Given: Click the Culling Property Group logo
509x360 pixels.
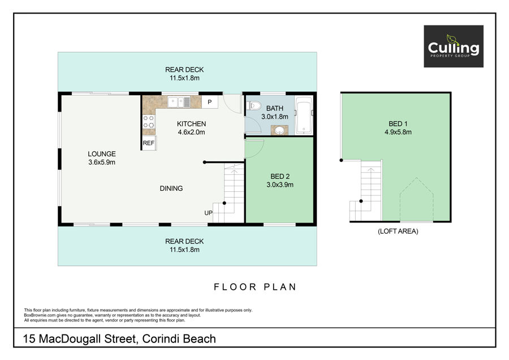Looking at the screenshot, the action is [x=454, y=46].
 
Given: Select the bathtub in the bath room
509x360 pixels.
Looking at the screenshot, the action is [x=304, y=115].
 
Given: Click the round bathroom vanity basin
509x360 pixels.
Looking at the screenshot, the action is [x=279, y=131].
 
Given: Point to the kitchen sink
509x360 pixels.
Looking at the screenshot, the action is [x=179, y=102].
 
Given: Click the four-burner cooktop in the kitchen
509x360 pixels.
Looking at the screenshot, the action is [x=149, y=122].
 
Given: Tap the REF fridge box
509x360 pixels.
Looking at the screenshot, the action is [x=149, y=143].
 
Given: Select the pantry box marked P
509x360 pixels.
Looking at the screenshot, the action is [x=209, y=102].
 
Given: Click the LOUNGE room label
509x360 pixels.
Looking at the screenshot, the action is [x=102, y=154].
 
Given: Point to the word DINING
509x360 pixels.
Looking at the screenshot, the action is [x=171, y=188].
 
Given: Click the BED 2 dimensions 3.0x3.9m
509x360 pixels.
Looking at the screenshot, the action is [x=280, y=185].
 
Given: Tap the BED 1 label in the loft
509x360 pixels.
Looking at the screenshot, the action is [x=398, y=124].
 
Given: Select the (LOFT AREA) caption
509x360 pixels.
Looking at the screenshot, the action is [x=398, y=232].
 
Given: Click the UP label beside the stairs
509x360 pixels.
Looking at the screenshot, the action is [x=208, y=213].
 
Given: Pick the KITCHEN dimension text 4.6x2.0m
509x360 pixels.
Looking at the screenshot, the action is [x=191, y=132].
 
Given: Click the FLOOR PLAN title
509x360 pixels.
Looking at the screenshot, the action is [x=255, y=287].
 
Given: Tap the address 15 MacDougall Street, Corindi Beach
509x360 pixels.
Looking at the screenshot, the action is [x=119, y=339].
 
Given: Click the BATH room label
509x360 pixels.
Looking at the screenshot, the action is [x=275, y=108].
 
